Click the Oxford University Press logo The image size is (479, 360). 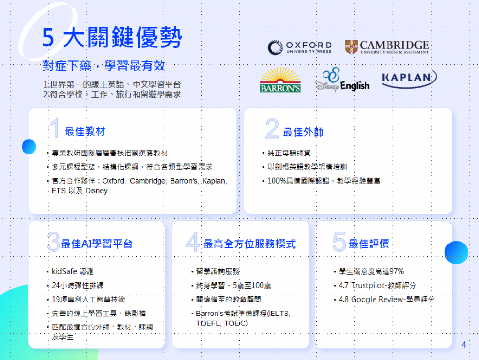tap(299, 47)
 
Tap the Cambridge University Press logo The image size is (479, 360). tap(387, 47)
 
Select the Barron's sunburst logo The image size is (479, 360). tap(280, 80)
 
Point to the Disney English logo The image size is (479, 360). tap(342, 80)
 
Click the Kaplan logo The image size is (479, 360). tap(410, 79)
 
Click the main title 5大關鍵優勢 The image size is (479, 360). tap(112, 37)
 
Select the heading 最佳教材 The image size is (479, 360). tap(85, 131)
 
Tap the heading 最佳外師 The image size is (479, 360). tap(303, 132)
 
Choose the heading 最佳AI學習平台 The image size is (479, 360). tap(97, 244)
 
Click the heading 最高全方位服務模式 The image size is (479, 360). tap(249, 244)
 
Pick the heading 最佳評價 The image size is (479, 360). tap(369, 244)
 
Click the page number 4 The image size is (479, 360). tap(463, 345)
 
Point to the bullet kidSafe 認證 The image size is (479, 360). tap(73, 271)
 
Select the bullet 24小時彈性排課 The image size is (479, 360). tap(78, 285)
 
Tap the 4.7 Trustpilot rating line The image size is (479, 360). tap(377, 285)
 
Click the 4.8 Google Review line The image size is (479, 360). tap(387, 299)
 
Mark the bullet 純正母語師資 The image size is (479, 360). tap(289, 153)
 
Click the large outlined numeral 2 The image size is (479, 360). tap(272, 128)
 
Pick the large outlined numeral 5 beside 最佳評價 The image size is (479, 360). tap(340, 242)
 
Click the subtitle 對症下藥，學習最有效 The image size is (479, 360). tap(104, 66)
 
